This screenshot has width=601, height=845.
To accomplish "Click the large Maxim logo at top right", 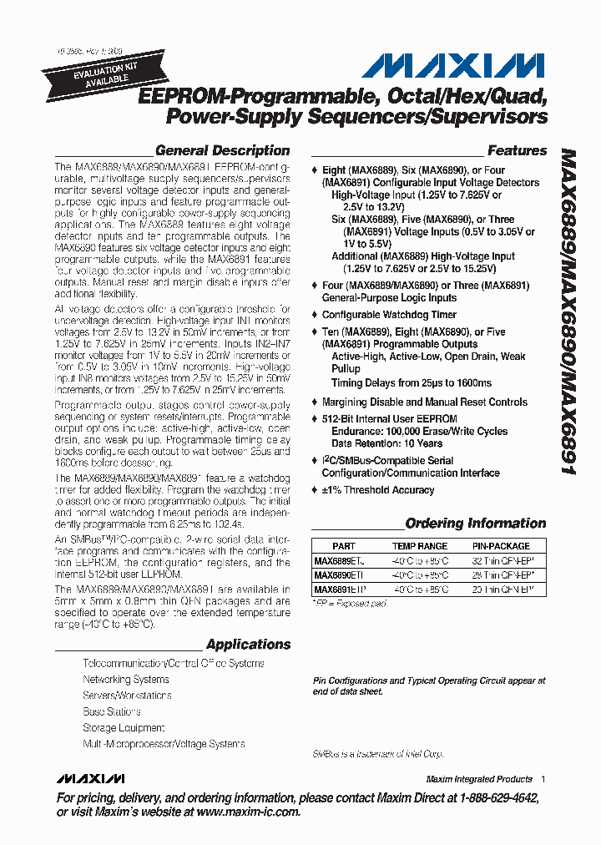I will click(457, 66).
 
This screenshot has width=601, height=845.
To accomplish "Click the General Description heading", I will click(222, 151).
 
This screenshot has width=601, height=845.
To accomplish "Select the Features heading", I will click(517, 151).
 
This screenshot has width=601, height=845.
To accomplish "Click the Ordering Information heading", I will click(475, 524).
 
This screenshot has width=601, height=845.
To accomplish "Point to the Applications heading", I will click(248, 644).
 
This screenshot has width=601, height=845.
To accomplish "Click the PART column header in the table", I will click(343, 546).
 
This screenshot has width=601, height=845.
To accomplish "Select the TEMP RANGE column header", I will click(420, 546).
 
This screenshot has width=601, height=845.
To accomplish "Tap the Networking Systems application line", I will click(125, 680).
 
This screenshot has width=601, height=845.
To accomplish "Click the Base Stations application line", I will click(111, 711).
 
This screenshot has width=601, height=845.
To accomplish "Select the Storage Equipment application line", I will click(124, 727).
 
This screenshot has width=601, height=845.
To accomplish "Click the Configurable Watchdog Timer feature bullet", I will click(389, 315).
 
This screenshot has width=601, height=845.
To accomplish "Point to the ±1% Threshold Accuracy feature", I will click(377, 490).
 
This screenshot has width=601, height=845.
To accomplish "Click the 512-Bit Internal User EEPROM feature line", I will click(389, 418).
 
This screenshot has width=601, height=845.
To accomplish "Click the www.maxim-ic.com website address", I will click(248, 812).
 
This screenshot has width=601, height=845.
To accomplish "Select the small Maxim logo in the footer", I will click(90, 779).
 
